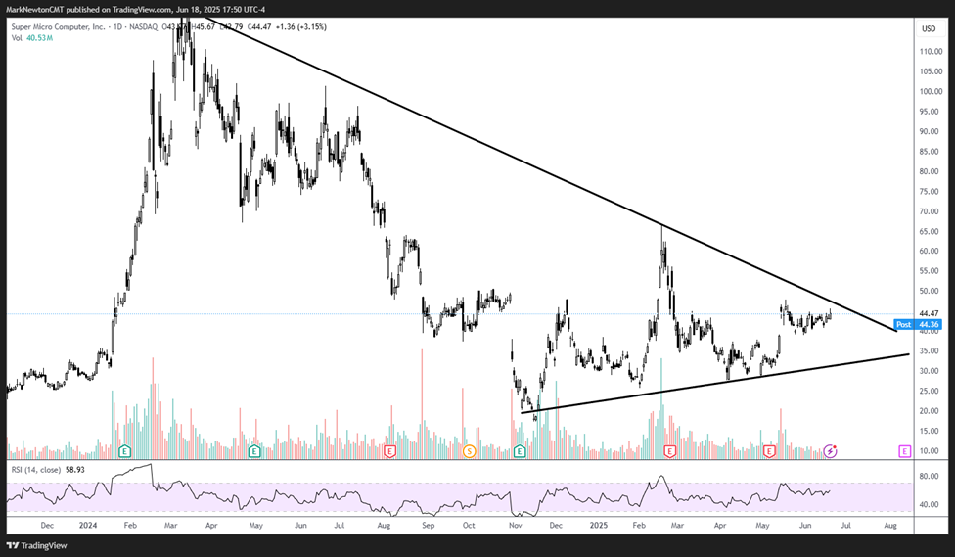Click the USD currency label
(929, 28)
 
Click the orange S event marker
(469, 451)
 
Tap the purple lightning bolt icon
(831, 451)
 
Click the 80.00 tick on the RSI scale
(929, 477)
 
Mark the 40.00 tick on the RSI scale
(929, 505)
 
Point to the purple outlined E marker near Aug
(905, 451)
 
